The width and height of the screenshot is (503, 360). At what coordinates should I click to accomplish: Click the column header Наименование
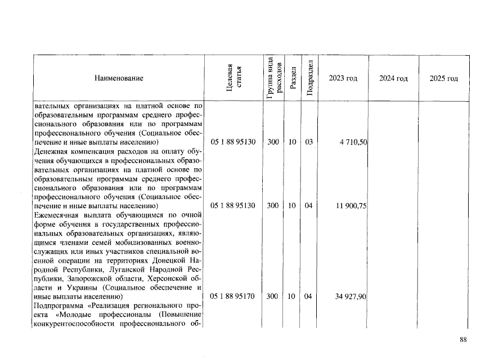119,78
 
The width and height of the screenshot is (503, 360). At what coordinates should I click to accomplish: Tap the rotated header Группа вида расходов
273,78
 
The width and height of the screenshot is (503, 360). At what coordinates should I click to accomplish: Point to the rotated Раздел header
293,78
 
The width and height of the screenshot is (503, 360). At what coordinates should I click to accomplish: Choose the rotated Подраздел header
309,78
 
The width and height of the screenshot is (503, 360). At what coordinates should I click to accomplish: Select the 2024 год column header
393,78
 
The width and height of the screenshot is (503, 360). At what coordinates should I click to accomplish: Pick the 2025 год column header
443,78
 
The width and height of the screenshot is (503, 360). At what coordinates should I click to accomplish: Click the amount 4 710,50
353,142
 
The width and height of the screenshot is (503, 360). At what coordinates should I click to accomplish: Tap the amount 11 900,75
351,206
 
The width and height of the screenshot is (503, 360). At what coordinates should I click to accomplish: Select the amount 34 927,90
351,296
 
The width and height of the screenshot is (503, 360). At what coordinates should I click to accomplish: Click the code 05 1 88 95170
233,296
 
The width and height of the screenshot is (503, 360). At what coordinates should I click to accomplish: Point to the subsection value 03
308,142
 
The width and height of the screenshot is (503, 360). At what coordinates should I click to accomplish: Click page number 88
463,339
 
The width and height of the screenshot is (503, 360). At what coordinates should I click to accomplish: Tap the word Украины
70,287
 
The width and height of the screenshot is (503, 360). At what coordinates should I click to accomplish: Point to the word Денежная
51,151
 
